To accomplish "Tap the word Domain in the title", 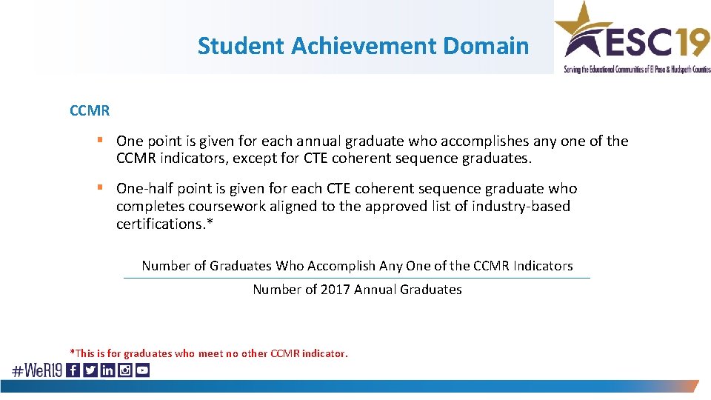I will pyautogui.click(x=486, y=46).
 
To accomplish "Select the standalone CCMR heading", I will pyautogui.click(x=90, y=111).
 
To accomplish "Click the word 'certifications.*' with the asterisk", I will pyautogui.click(x=164, y=224).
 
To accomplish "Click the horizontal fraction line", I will pyautogui.click(x=357, y=278).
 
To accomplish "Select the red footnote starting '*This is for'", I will pyautogui.click(x=208, y=353).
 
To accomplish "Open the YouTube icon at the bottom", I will pyautogui.click(x=142, y=370).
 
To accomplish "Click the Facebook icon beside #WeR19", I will pyautogui.click(x=73, y=370).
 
